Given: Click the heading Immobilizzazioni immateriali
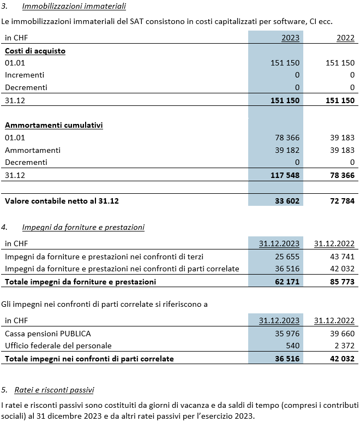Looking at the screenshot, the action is pos(74,6).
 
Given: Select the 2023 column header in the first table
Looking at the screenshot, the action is pos(290,38).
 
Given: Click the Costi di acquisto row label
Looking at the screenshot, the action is pos(35,51).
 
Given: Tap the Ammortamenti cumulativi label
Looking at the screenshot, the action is pos(54,125).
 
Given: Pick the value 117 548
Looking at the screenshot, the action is pos(285,175).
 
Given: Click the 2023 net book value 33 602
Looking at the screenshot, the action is pos(287,201).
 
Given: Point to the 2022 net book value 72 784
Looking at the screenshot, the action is pos(342,201).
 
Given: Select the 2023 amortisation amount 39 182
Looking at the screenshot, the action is pos(287,150).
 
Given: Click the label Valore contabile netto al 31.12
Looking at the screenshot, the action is pos(62,201).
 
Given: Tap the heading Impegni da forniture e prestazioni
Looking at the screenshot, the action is pos(83,228).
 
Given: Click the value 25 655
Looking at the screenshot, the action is pos(287,257).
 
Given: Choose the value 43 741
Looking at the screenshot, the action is pos(342,257).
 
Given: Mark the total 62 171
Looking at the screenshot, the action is pos(287,282).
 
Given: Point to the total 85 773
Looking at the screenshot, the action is pos(342,282).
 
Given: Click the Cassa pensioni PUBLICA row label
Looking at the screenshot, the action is pos(48,334).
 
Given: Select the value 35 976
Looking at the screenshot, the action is pos(287,334).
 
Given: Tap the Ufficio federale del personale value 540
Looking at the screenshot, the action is pos(292,346).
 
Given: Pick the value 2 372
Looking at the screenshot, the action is pos(345,346).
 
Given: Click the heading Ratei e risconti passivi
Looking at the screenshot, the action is pos(54,390).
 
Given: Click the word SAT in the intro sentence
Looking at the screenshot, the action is pos(137,21).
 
